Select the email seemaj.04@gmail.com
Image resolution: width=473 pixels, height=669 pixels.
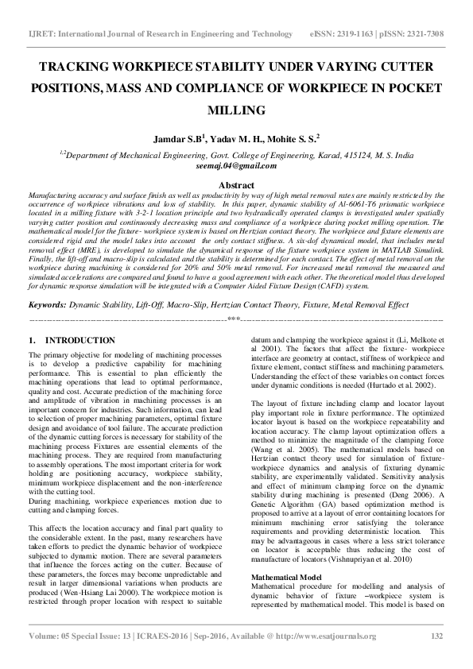[236, 166]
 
